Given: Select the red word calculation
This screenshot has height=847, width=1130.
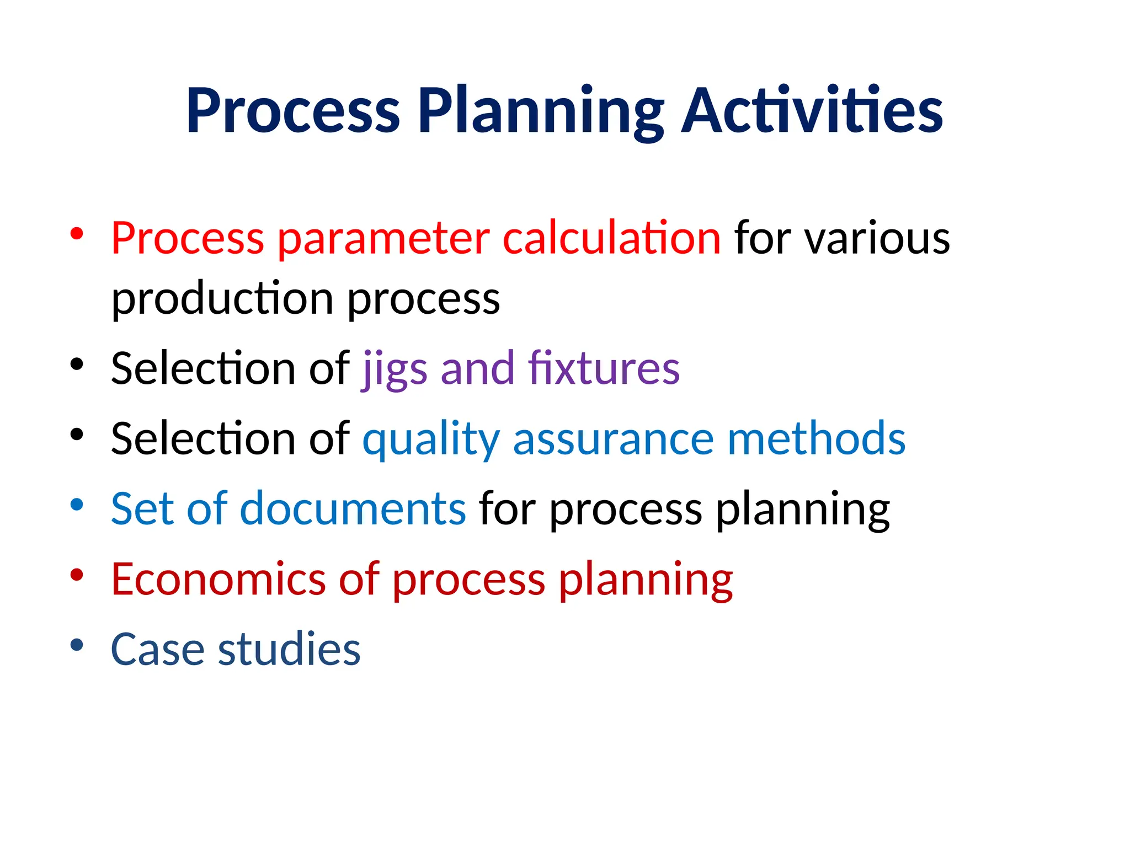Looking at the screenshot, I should click(611, 238).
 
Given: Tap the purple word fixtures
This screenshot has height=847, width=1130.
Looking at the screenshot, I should click(604, 368).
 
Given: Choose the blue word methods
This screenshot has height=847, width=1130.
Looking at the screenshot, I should click(816, 439).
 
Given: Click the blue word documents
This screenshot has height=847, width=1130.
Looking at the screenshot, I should click(353, 508).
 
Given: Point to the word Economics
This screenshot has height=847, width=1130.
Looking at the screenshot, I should click(218, 579).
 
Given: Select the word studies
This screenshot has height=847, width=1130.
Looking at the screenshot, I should click(289, 649).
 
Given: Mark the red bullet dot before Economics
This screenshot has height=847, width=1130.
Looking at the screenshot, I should click(77, 575).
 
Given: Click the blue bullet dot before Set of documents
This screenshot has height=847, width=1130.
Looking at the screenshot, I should click(77, 504).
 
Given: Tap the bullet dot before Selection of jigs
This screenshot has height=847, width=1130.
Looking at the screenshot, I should click(77, 364).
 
